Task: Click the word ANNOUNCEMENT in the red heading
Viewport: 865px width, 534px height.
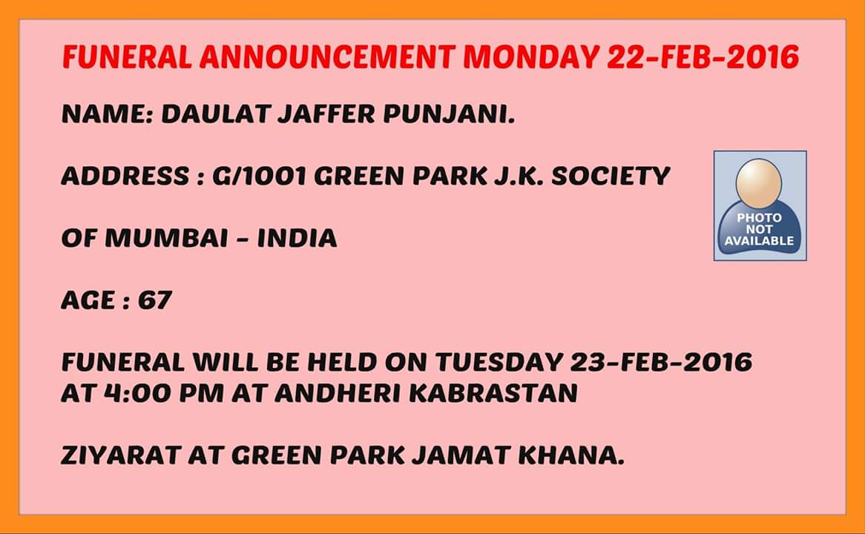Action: pos(328,57)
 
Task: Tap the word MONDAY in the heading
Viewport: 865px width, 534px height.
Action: pos(530,57)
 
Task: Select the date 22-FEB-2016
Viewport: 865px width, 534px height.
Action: pos(703,57)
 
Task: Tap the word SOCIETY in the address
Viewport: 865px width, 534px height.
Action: pos(611,176)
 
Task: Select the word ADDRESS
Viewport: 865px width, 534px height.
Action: pos(125,176)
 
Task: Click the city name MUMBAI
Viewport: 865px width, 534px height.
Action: pos(167,238)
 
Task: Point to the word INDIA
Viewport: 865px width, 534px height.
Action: pos(297,238)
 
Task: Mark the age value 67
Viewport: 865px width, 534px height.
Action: pos(155,300)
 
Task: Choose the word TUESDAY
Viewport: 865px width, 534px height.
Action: pos(499,363)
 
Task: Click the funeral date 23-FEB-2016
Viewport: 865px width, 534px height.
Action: pos(661,363)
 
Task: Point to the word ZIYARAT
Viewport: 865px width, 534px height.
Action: pos(121,455)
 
